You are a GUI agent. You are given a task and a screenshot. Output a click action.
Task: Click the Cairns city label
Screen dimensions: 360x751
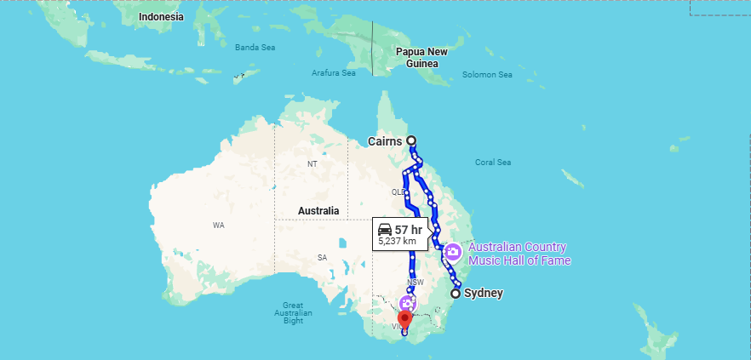point(385,140)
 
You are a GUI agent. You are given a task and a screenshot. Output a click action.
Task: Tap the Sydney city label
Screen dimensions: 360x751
point(482,294)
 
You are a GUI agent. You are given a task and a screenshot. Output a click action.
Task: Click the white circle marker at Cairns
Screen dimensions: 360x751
point(411,140)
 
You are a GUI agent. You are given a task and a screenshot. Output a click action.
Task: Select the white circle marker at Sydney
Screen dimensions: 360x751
point(456,294)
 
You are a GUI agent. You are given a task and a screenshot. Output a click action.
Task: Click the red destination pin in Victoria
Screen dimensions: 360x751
point(404,319)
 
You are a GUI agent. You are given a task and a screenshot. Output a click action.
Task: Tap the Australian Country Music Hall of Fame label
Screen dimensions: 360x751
point(519,254)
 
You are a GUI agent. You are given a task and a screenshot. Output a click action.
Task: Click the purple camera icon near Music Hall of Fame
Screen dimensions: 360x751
point(453,252)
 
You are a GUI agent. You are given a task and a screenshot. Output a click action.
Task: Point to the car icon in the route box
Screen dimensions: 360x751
point(385,230)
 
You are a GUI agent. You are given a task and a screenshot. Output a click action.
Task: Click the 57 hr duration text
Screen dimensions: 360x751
point(408,230)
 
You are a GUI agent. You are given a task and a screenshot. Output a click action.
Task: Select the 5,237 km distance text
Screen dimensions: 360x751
point(398,242)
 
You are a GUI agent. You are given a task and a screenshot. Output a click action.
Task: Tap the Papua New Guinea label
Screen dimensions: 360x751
point(421,57)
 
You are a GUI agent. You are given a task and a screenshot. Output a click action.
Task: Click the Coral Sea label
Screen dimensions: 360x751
point(492,162)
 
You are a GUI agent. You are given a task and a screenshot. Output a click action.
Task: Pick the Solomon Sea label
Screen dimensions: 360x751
point(487,75)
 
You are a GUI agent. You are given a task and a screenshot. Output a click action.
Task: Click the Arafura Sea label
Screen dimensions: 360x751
point(334,73)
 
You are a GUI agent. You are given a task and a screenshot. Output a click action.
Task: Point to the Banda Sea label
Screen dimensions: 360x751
point(255,47)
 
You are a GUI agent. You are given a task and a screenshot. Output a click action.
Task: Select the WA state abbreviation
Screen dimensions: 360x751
point(218,226)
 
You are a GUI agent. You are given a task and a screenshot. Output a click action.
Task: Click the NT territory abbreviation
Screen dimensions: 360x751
point(312,163)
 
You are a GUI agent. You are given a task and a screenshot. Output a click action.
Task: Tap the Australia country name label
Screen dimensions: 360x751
point(318,210)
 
